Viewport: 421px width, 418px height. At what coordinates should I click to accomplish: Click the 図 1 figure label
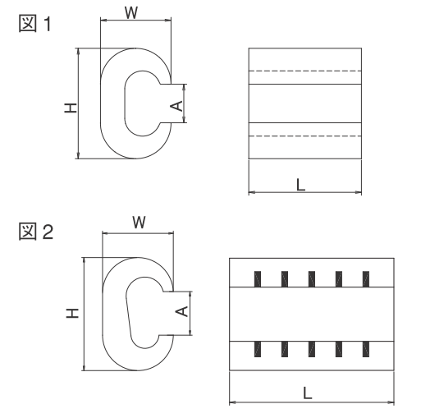34,24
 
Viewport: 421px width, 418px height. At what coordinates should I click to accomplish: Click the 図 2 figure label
36,232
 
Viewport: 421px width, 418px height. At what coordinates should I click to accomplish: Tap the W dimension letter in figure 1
131,12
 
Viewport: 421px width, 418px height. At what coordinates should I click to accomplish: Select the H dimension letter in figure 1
71,108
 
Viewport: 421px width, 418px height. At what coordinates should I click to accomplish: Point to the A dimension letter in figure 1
176,106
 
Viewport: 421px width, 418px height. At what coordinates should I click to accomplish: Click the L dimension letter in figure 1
300,185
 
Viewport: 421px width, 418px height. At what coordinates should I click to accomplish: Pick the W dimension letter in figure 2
140,222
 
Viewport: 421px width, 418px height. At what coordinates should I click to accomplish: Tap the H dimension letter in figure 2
72,313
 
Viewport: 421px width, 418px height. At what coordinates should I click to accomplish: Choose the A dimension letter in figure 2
182,311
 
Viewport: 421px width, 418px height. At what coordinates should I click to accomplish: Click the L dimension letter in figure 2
308,393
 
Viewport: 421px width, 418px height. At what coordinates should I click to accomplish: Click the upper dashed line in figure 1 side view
305,71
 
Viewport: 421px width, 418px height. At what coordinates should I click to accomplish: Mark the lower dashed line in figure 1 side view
305,136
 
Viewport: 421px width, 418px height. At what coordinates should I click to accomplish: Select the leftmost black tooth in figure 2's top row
258,279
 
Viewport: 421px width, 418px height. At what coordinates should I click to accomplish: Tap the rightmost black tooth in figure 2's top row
366,279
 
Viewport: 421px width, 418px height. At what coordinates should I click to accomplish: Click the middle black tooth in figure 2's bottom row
312,349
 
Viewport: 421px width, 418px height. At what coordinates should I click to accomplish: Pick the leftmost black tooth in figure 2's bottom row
258,349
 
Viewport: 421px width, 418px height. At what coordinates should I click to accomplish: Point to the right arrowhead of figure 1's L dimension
359,192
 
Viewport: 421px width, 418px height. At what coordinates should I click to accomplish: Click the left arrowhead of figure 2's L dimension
233,402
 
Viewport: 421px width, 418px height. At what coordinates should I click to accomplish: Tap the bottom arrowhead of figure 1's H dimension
79,155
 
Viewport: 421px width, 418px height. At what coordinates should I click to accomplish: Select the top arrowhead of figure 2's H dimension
85,261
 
